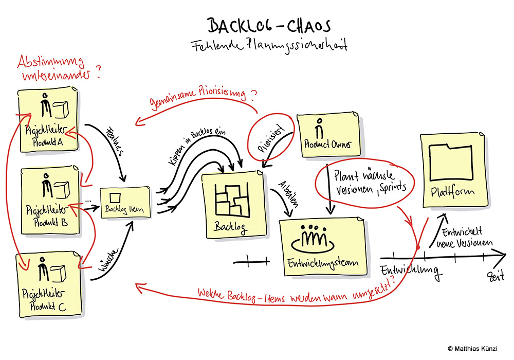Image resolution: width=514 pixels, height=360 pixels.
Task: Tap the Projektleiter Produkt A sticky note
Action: [47, 121]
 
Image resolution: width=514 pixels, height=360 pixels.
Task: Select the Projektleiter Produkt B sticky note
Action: [50, 201]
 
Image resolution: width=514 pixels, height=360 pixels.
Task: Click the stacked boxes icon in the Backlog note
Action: [231, 203]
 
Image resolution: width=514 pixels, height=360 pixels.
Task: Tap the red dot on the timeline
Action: [418, 248]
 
